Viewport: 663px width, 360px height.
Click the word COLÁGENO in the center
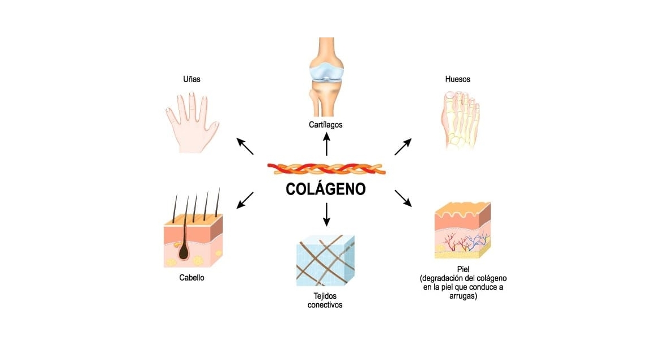pyautogui.click(x=326, y=189)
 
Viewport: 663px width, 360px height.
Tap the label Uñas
pyautogui.click(x=192, y=79)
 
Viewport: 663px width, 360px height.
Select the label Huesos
pyautogui.click(x=457, y=79)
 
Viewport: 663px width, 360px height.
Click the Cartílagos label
pyautogui.click(x=326, y=124)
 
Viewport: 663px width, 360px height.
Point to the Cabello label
pyautogui.click(x=192, y=278)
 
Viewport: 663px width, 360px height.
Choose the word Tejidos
pyautogui.click(x=325, y=296)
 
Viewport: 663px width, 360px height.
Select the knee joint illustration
pyautogui.click(x=326, y=77)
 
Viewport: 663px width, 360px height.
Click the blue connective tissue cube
pyautogui.click(x=325, y=260)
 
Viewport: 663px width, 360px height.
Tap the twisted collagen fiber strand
pyautogui.click(x=326, y=169)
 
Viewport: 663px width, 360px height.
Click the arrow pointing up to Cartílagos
pyautogui.click(x=326, y=144)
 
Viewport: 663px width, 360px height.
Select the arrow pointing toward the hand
pyautogui.click(x=245, y=146)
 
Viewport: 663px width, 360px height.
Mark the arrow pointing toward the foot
pyautogui.click(x=403, y=146)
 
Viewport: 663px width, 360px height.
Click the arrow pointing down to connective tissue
pyautogui.click(x=326, y=214)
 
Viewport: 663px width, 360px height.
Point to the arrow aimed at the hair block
pyautogui.click(x=245, y=200)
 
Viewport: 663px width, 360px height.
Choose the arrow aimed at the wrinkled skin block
pyautogui.click(x=403, y=198)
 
